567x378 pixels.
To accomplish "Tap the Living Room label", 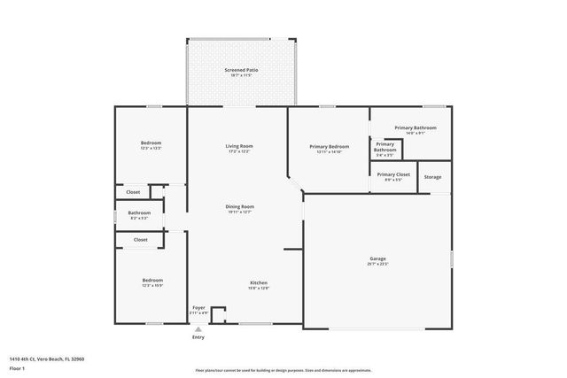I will coord(239,146).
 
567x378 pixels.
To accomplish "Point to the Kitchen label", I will coord(258,283).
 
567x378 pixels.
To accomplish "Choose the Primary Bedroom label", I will coord(329,147).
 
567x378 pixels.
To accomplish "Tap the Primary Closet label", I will coord(392,174).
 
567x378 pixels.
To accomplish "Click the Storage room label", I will coord(432,177).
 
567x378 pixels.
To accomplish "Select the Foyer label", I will coord(198,308).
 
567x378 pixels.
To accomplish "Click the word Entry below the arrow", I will coord(198,337).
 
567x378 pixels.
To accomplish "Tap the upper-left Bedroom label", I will coord(151,143).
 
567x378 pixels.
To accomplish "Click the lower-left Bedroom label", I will coord(151,282).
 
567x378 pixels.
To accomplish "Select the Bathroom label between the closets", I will coord(139,212).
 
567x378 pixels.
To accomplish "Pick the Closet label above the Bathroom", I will coord(133,191).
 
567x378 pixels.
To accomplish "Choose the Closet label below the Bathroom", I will coord(140,239).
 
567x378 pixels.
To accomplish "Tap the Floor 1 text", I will coord(17,367).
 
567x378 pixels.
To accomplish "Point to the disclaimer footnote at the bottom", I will coord(283,370).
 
